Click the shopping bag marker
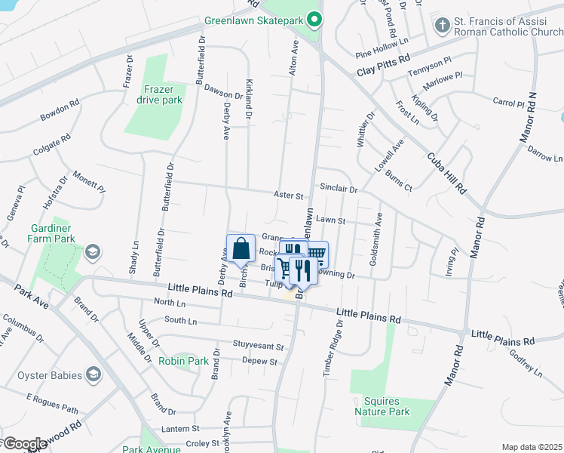pyautogui.click(x=241, y=248)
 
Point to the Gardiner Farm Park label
pyautogui.click(x=54, y=233)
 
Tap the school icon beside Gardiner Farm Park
pyautogui.click(x=93, y=251)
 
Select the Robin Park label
pyautogui.click(x=183, y=361)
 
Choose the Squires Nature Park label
pyautogui.click(x=382, y=406)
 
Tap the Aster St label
pyautogui.click(x=288, y=196)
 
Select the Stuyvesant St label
pyautogui.click(x=258, y=347)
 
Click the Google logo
pyautogui.click(x=24, y=444)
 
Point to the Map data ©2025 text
pyautogui.click(x=532, y=447)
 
